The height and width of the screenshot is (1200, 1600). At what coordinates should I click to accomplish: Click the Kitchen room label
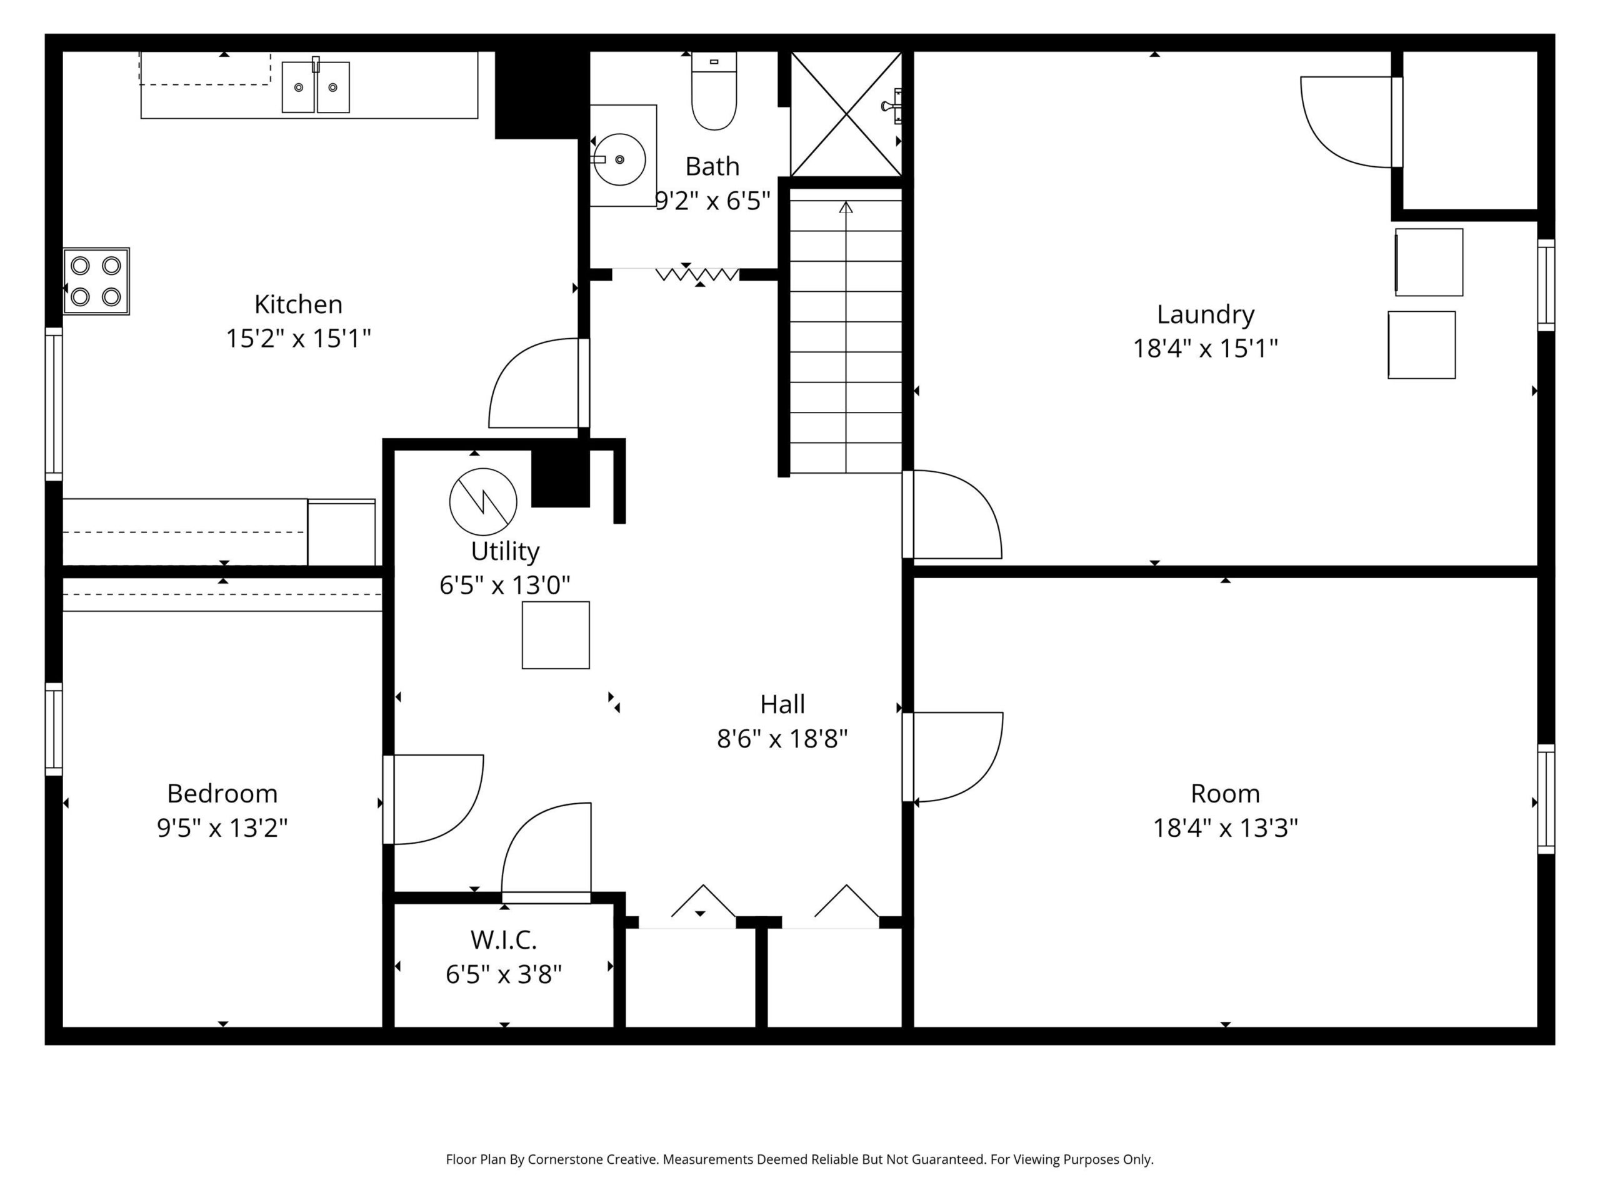(298, 304)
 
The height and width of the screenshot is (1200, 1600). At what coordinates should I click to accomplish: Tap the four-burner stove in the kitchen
(96, 281)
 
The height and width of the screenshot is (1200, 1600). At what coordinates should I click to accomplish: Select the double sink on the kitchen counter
(316, 86)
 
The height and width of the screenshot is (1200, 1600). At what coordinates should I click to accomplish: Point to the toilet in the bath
(714, 91)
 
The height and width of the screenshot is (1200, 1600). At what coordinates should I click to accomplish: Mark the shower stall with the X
(846, 114)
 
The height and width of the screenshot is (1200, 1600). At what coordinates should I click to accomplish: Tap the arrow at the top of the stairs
(846, 207)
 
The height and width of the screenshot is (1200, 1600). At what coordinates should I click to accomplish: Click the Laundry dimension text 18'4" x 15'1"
(1205, 349)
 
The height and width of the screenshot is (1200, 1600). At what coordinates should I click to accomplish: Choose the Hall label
(782, 704)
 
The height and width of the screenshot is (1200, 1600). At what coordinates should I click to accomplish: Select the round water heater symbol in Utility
(483, 502)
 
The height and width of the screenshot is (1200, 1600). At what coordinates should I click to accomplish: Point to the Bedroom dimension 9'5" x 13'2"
(222, 827)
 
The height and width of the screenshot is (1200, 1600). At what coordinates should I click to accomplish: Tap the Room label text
(1226, 794)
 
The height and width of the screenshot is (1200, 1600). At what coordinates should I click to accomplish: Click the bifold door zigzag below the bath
(697, 275)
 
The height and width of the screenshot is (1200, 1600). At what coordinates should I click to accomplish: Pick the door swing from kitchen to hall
(534, 383)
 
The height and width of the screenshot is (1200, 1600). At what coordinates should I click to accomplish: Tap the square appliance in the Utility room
(556, 635)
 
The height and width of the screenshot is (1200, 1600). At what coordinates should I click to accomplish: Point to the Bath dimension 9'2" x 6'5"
(712, 201)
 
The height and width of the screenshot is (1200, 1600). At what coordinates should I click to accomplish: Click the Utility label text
(505, 552)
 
